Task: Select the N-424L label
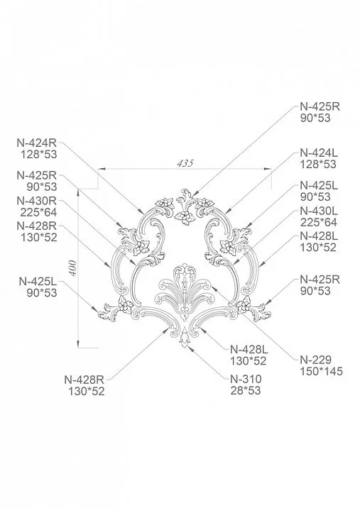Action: pyautogui.click(x=318, y=153)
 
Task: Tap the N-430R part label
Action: pyautogui.click(x=36, y=201)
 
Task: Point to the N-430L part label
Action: pyautogui.click(x=318, y=211)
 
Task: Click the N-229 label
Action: pyautogui.click(x=315, y=360)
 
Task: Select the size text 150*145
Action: pyautogui.click(x=321, y=372)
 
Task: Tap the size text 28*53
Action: pyautogui.click(x=246, y=390)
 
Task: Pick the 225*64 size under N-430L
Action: pyautogui.click(x=318, y=223)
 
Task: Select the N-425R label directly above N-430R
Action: pyautogui.click(x=36, y=175)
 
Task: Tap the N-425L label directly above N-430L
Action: pyautogui.click(x=318, y=186)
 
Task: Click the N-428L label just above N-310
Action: pyautogui.click(x=249, y=348)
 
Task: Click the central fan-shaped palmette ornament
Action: pyautogui.click(x=184, y=291)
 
